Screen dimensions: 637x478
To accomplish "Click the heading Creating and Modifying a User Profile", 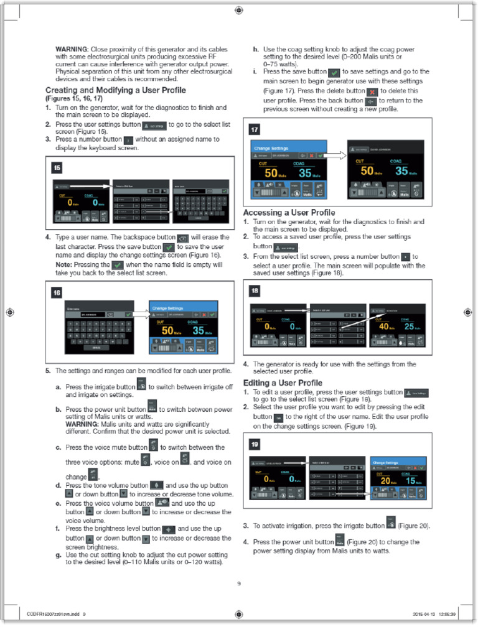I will [116, 90].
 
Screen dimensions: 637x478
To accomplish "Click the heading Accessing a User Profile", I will [289, 213].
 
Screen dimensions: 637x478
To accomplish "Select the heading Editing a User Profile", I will [283, 383].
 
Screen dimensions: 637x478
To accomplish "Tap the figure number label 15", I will [57, 168].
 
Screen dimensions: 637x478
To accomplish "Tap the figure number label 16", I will [57, 292].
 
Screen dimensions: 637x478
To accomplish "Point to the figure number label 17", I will [255, 129].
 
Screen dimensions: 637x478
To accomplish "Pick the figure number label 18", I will [255, 291].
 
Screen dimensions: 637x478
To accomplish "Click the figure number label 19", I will [255, 444].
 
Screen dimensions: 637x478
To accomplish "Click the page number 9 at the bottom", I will [238, 583].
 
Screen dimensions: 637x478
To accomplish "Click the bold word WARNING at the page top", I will [72, 49].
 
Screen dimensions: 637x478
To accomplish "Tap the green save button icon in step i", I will [334, 73].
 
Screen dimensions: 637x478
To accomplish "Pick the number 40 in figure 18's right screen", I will [384, 327].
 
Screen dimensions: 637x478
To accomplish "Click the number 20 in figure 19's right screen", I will [385, 481].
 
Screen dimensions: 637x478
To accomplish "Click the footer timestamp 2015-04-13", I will [425, 614].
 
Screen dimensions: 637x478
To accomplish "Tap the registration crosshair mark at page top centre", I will [239, 10].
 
